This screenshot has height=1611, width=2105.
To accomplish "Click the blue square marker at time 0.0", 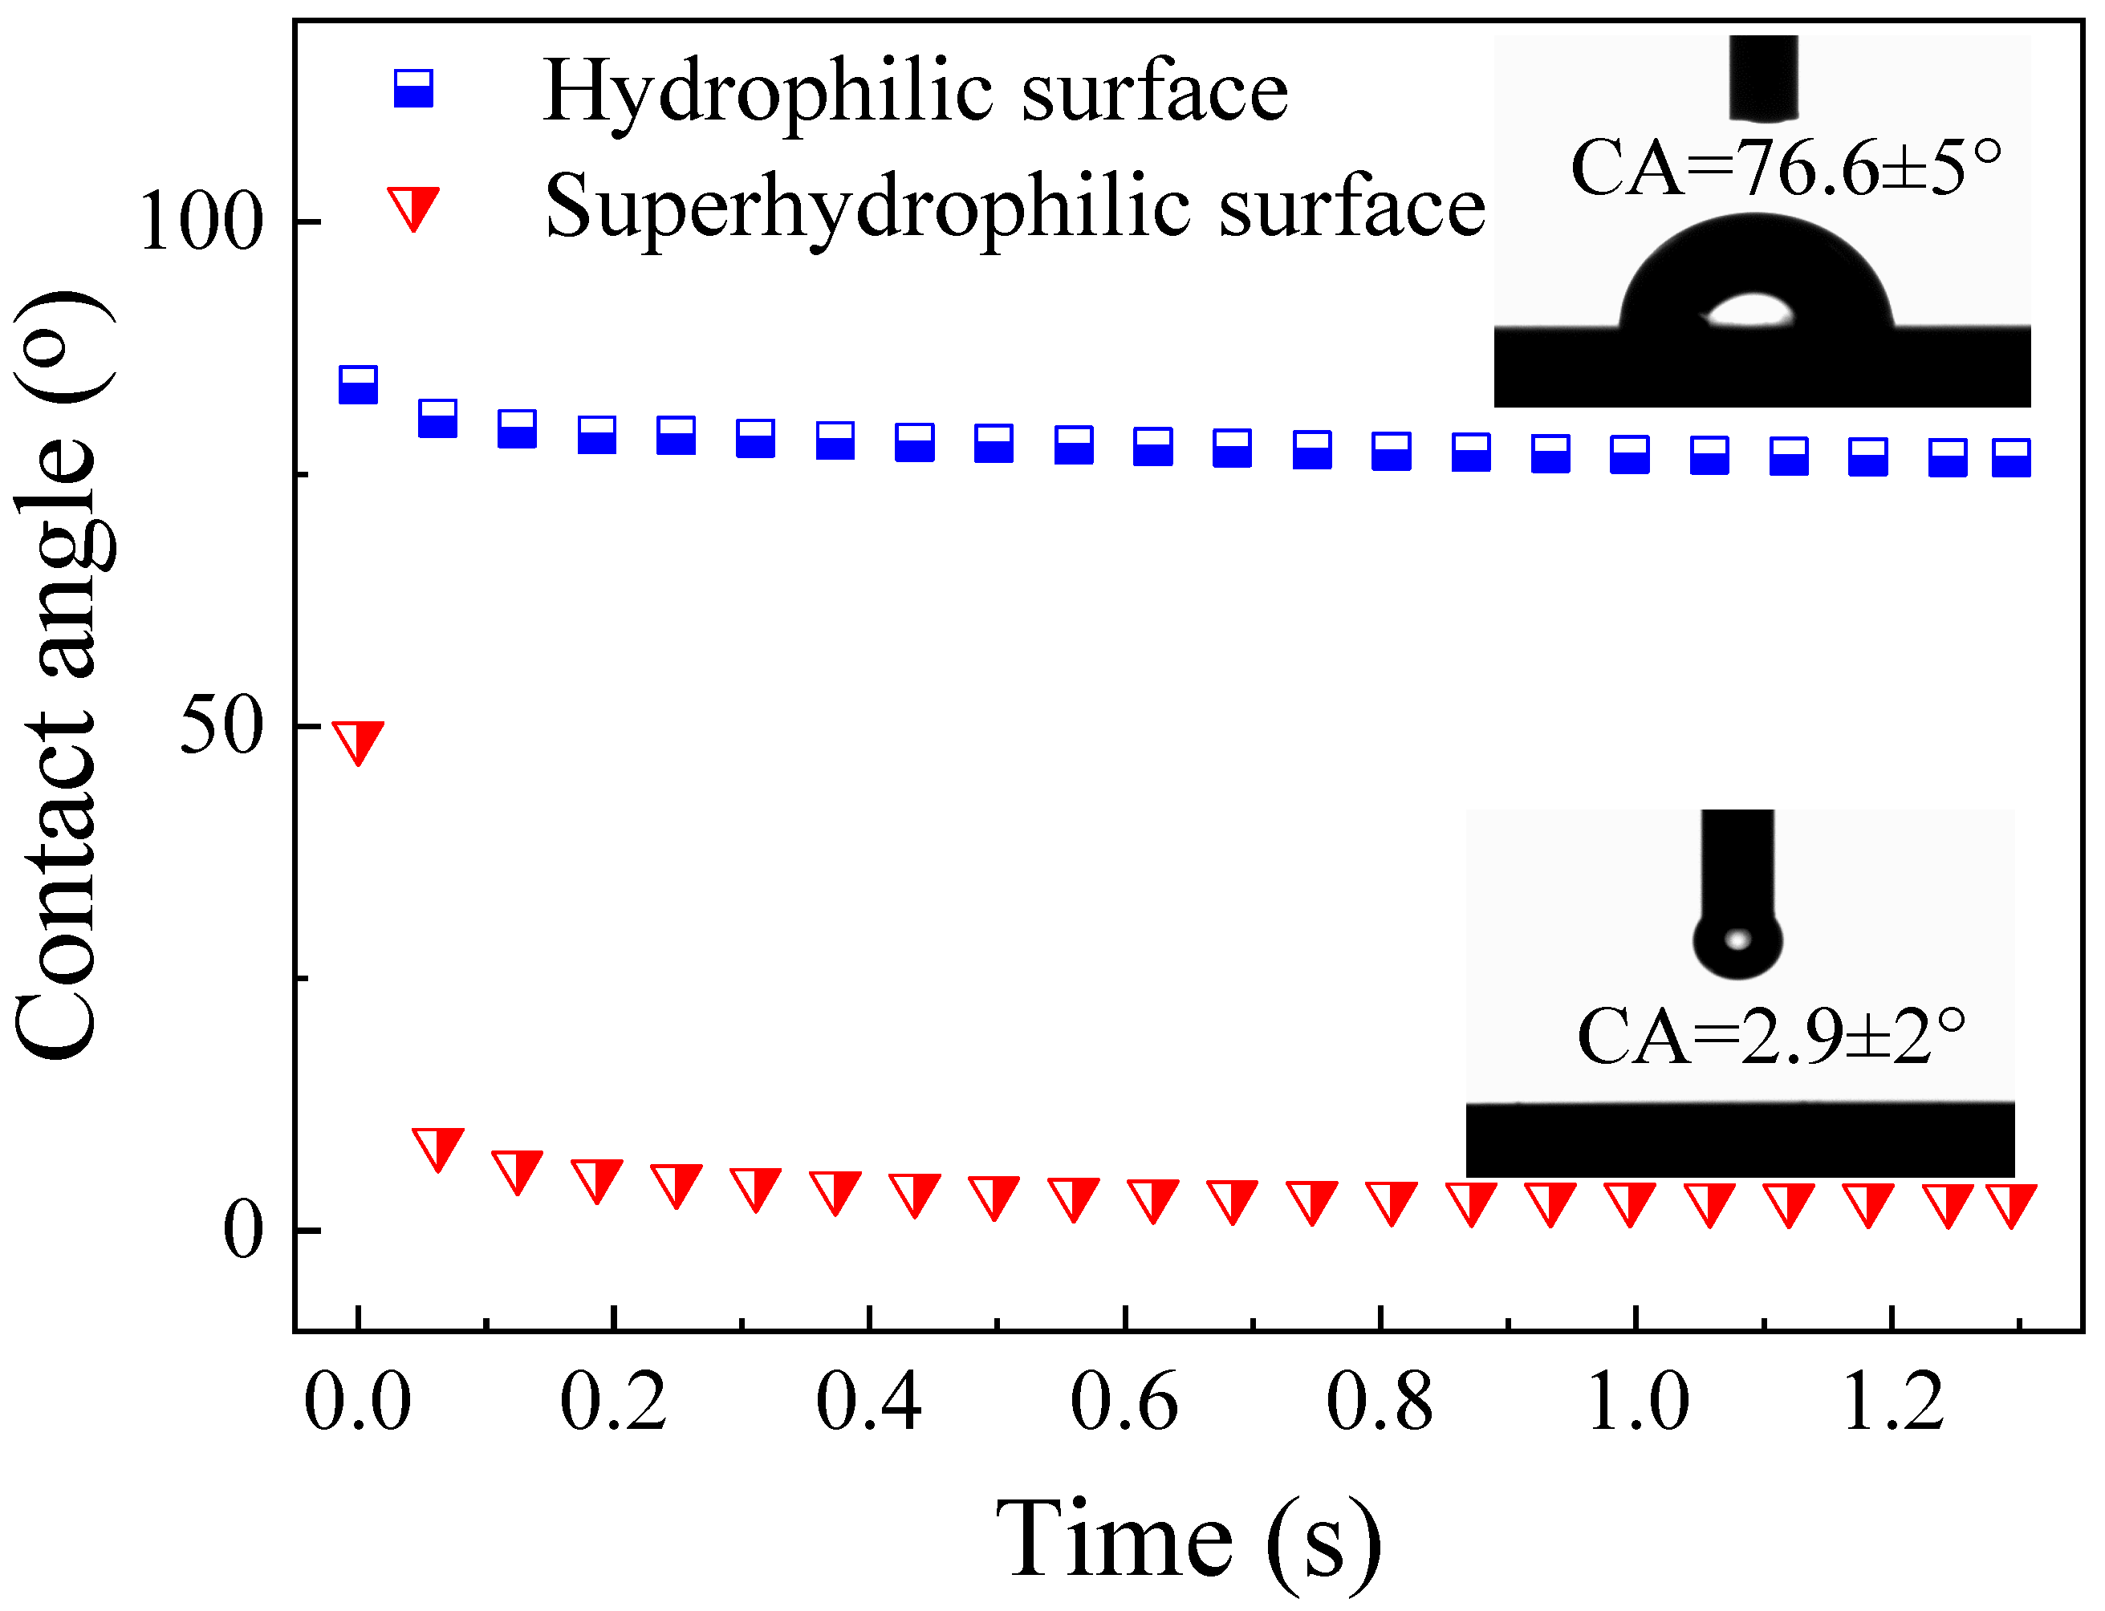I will pos(359,384).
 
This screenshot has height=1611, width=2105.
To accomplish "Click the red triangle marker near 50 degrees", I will pos(359,741).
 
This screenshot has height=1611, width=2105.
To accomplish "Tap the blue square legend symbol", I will pos(413,88).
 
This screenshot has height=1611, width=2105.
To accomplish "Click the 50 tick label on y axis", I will pos(221,727).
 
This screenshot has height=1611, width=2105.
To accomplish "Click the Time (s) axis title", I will pos(1189,1539).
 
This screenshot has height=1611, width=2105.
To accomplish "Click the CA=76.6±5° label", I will pos(1785,168).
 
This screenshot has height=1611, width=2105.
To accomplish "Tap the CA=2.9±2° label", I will pos(1770,1037).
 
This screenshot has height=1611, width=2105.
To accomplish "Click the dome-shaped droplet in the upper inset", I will pos(1756,278).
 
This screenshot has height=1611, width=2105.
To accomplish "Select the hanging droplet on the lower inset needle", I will pos(1737,943).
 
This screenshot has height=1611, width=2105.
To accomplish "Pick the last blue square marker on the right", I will pos(2011,457).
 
